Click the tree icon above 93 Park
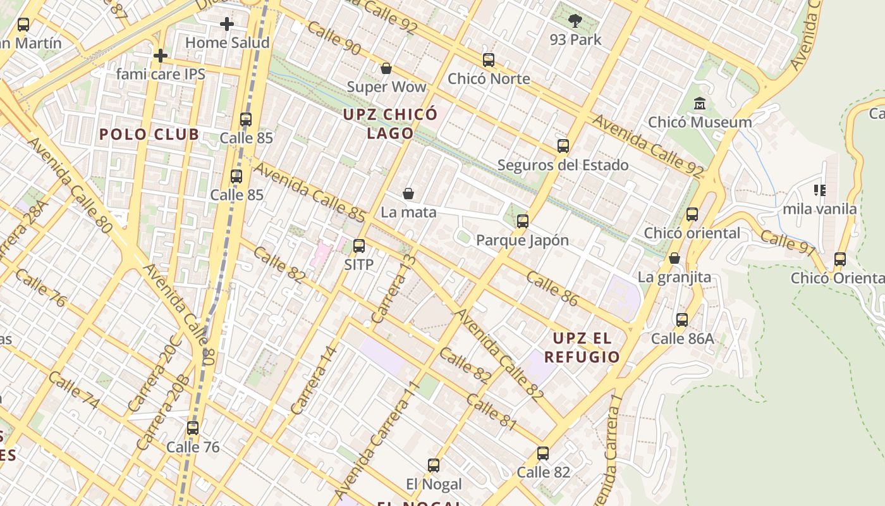(x=575, y=21)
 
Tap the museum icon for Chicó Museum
(x=700, y=104)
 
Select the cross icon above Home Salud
(x=227, y=24)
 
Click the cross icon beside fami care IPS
(x=161, y=56)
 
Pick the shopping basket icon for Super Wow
(x=386, y=68)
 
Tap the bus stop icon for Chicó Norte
(x=489, y=60)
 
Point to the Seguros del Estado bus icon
(x=563, y=146)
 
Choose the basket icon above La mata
(x=408, y=194)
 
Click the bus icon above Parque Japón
(x=523, y=221)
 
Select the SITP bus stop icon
(x=359, y=245)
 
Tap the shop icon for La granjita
(x=674, y=258)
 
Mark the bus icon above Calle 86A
(x=682, y=319)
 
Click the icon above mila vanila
(x=820, y=190)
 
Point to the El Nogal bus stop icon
(x=434, y=466)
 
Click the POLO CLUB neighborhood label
(x=149, y=134)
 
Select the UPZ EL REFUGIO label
(x=582, y=347)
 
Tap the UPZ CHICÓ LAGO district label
(x=390, y=123)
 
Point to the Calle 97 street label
(x=788, y=243)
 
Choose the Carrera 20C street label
(x=155, y=374)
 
